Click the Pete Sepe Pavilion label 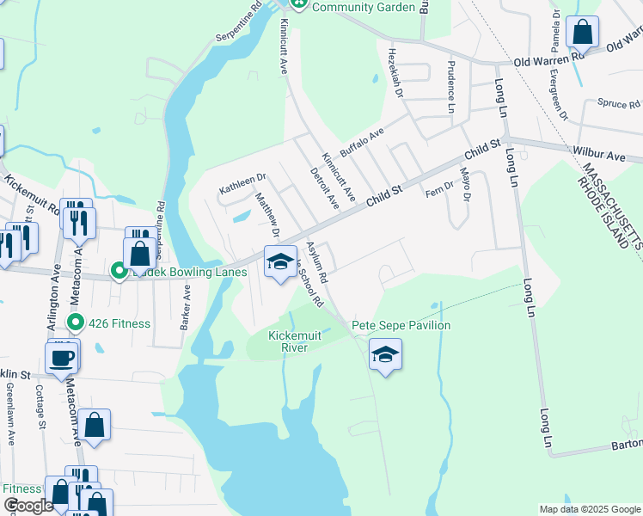400,325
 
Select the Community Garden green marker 299,4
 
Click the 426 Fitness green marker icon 77,323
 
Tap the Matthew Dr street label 267,214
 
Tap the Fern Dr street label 438,188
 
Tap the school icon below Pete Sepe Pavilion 384,352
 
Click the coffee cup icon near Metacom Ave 61,357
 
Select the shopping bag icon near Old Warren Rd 583,34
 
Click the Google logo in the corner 28,506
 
